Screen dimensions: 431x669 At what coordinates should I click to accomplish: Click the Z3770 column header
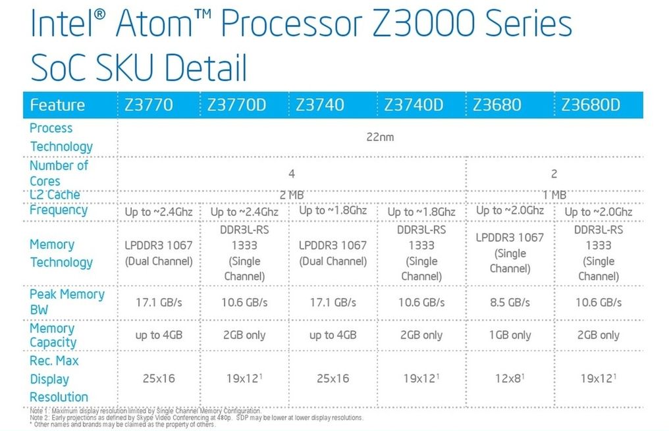[x=149, y=105]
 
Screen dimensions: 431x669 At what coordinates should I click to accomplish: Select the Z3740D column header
[x=413, y=105]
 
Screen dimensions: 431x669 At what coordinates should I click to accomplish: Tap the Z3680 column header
[x=497, y=105]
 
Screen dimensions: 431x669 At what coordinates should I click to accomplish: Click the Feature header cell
[x=57, y=105]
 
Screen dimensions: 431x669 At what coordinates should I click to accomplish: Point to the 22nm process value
[x=380, y=138]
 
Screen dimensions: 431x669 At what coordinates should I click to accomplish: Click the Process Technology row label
[x=61, y=138]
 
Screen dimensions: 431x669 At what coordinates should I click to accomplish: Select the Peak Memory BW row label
[x=67, y=302]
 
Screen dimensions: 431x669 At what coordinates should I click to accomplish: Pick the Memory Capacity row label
[x=53, y=335]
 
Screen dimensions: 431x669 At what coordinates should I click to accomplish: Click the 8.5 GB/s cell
[x=510, y=302]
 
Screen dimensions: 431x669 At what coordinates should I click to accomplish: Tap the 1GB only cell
[x=510, y=335]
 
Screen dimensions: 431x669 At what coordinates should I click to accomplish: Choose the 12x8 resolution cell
[x=508, y=378]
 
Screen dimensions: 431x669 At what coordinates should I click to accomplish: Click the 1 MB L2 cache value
[x=554, y=195]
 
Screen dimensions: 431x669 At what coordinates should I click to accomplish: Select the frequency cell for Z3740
[x=333, y=211]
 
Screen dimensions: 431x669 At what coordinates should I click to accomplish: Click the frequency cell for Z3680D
[x=598, y=212]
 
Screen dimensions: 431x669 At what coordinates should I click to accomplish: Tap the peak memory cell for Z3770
[x=158, y=302]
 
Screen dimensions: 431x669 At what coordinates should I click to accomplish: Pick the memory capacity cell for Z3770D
[x=244, y=335]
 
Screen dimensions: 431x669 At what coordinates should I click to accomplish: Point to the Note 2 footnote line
[x=196, y=418]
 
